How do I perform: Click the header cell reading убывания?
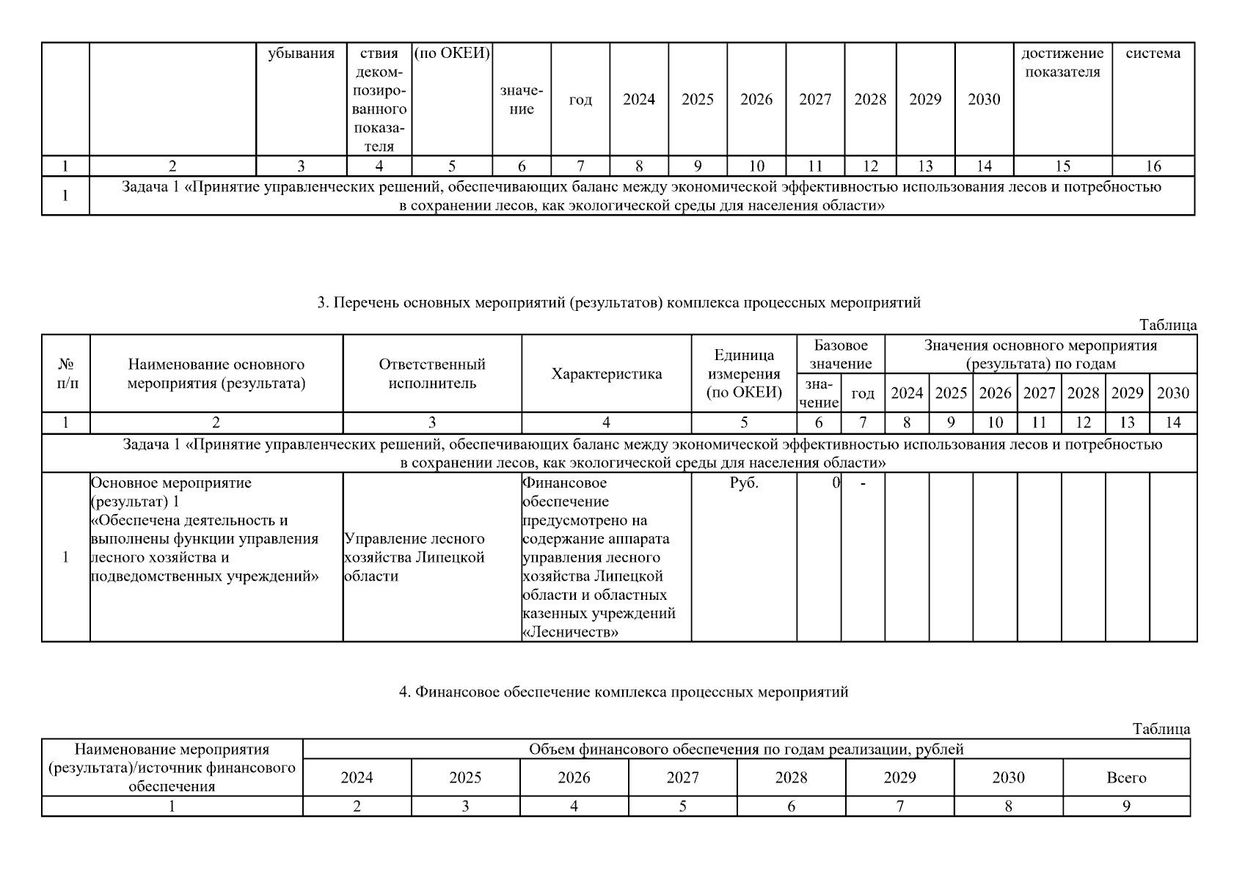pyautogui.click(x=301, y=54)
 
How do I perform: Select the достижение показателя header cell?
pyautogui.click(x=1062, y=62)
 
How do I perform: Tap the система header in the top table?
pyautogui.click(x=1153, y=54)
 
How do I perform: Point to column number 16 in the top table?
pyautogui.click(x=1153, y=166)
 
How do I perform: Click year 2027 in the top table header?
pyautogui.click(x=815, y=100)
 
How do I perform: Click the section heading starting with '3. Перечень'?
pyautogui.click(x=618, y=302)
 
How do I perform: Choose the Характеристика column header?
pyautogui.click(x=606, y=374)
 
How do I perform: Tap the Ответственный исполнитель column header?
pyautogui.click(x=432, y=373)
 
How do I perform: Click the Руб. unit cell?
pyautogui.click(x=744, y=483)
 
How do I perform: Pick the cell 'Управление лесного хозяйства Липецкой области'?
pyautogui.click(x=415, y=557)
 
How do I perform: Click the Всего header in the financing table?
pyautogui.click(x=1126, y=778)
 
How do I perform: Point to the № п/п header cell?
pyautogui.click(x=66, y=373)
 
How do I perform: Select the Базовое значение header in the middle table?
pyautogui.click(x=841, y=354)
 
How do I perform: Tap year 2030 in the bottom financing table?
pyautogui.click(x=1008, y=778)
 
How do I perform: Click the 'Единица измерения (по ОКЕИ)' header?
pyautogui.click(x=744, y=373)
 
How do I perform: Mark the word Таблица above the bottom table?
pyautogui.click(x=1161, y=729)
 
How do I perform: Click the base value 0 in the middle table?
pyautogui.click(x=836, y=483)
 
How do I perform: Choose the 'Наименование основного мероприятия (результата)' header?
pyautogui.click(x=216, y=373)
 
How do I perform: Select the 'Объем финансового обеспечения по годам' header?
pyautogui.click(x=746, y=749)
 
